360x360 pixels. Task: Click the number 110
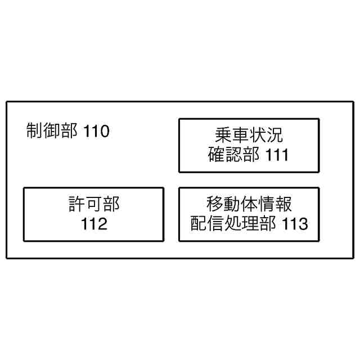tap(96, 132)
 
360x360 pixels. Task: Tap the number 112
tap(94, 224)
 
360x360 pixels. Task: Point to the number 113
tap(295, 224)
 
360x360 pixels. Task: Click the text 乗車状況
tap(249, 136)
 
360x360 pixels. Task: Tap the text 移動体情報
tap(249, 204)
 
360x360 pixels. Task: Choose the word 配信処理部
tap(233, 224)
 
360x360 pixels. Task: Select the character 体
tap(249, 204)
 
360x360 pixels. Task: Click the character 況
tap(274, 136)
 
